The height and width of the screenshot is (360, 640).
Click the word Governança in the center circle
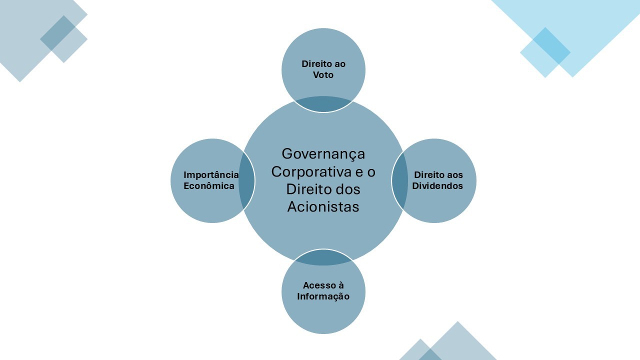click(323, 154)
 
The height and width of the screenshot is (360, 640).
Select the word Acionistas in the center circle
click(323, 206)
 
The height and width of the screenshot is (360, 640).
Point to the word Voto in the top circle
click(323, 75)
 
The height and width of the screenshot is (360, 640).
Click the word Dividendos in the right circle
click(437, 185)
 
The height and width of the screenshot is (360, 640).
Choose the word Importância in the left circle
click(211, 175)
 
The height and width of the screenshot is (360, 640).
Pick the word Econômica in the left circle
click(209, 185)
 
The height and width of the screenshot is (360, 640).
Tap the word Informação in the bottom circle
click(323, 296)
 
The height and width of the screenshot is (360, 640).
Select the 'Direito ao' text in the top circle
click(323, 64)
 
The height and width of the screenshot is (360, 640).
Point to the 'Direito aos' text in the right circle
click(438, 175)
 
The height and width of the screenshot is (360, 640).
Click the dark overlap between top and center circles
click(323, 104)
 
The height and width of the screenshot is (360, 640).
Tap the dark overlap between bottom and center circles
click(323, 256)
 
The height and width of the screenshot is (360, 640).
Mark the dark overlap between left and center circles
click(246, 181)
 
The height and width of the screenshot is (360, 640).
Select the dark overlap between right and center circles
click(399, 181)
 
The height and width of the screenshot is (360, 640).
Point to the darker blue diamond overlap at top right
click(551, 45)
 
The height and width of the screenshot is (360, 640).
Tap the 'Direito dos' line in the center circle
click(323, 189)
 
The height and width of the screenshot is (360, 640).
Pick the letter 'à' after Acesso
click(341, 285)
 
